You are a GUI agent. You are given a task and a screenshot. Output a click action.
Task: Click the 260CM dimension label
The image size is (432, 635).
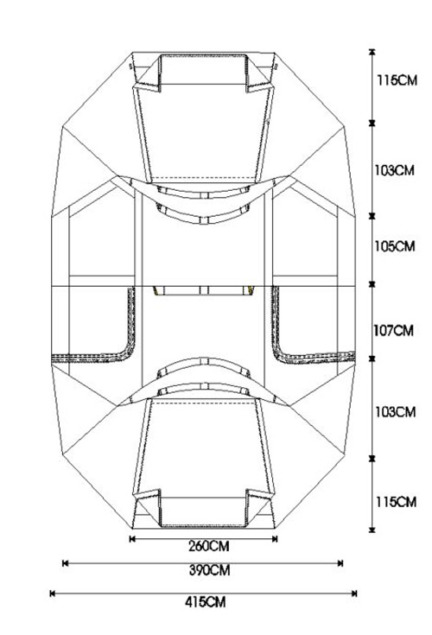[x=208, y=546]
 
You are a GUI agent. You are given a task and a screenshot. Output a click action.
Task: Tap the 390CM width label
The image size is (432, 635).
[x=209, y=570]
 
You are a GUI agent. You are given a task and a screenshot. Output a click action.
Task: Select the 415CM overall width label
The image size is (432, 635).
[x=205, y=602]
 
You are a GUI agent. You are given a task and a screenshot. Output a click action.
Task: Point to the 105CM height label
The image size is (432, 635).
[x=394, y=246]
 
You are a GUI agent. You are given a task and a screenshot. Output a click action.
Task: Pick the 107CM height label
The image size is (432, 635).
[x=393, y=331]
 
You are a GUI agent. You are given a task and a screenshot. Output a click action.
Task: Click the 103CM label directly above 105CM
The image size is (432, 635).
[x=394, y=170]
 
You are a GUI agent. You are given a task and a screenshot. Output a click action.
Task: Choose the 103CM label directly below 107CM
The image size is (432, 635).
[x=395, y=412]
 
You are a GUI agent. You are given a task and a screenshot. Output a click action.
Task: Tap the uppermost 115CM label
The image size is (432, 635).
[x=397, y=80]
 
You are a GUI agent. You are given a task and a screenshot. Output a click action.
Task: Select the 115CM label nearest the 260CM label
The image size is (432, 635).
[x=396, y=502]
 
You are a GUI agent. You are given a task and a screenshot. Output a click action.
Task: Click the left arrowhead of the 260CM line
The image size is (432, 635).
[x=132, y=538]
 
